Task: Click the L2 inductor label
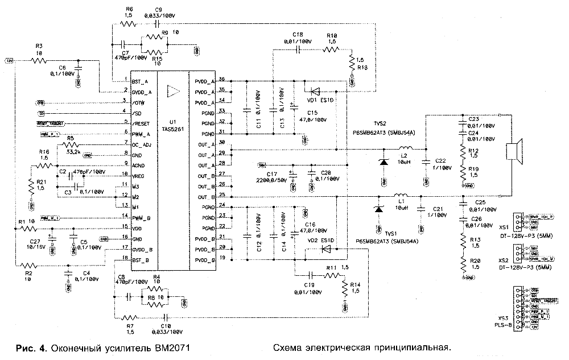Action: pyautogui.click(x=405, y=155)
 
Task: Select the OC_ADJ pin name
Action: pyautogui.click(x=142, y=144)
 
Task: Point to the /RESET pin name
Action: pyautogui.click(x=141, y=123)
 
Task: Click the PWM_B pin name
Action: pyautogui.click(x=141, y=217)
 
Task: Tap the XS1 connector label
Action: pyautogui.click(x=502, y=226)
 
